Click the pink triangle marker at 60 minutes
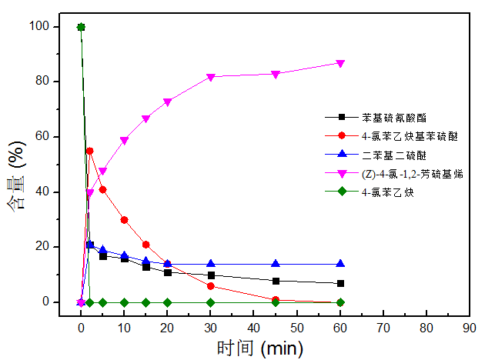tap(340, 63)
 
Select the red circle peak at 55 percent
tap(90, 151)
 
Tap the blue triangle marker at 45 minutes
tap(276, 264)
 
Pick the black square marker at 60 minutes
tap(340, 283)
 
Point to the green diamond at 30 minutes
tap(210, 302)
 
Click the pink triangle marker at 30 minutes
tap(210, 77)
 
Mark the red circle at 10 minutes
tap(124, 219)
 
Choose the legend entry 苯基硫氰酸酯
tap(388, 118)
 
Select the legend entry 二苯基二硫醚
tap(388, 155)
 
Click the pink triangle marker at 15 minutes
tap(145, 119)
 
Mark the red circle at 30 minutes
tap(210, 286)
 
